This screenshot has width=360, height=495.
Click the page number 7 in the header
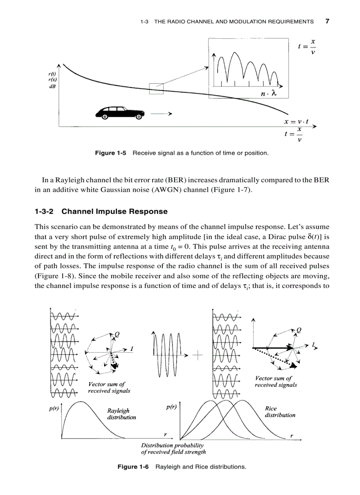click(327, 21)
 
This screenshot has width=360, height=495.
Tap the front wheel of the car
click(139, 117)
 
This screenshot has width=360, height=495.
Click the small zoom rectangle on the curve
click(156, 89)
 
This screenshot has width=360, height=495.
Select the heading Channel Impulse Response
click(114, 212)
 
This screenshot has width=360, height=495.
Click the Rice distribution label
click(280, 412)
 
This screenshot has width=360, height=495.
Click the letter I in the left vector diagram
click(131, 349)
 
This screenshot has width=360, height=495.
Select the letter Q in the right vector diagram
click(299, 330)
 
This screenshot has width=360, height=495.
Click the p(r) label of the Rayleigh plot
click(53, 409)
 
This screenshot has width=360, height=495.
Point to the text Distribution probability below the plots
click(172, 445)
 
